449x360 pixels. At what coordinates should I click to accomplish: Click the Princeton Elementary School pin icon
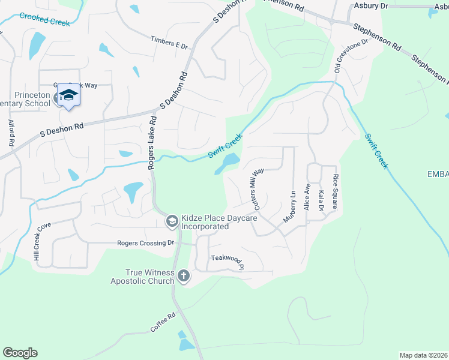(69, 96)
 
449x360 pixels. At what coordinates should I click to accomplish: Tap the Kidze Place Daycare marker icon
(172, 221)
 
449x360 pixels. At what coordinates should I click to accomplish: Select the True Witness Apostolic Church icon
(184, 276)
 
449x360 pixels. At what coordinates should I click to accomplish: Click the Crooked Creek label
(44, 19)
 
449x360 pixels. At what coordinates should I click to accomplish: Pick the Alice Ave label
(307, 196)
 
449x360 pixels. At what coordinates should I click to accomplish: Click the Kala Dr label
(321, 200)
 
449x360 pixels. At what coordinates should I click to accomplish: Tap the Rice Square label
(336, 191)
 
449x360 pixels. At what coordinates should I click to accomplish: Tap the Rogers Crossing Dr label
(145, 243)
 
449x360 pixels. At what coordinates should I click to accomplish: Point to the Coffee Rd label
(162, 323)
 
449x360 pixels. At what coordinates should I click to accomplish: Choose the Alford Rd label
(11, 133)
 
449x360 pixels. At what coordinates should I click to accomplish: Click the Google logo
(20, 353)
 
